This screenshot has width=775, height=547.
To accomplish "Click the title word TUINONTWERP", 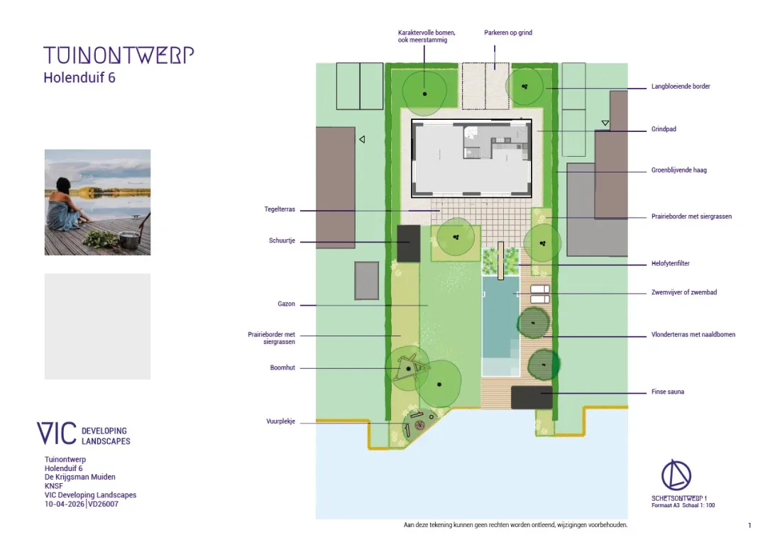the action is click(x=119, y=55).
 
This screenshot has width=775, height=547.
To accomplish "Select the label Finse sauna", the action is click(x=668, y=392).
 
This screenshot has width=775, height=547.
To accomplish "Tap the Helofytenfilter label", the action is click(x=670, y=263).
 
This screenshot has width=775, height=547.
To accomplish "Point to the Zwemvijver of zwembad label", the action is click(x=684, y=292).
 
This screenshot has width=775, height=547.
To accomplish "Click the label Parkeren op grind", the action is click(x=508, y=33).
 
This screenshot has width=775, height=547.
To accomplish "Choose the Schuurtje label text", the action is click(x=282, y=241).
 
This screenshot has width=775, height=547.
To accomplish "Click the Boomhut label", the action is click(x=282, y=368).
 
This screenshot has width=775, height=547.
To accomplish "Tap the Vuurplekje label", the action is click(x=281, y=421).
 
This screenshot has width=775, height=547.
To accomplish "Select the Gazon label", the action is click(x=286, y=304).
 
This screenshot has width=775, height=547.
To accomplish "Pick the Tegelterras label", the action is click(x=279, y=209).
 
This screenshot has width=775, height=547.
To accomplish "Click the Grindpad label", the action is click(x=664, y=129).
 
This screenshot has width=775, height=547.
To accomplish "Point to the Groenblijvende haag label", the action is click(x=678, y=170).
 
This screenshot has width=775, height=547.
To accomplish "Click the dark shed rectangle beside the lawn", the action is click(x=409, y=243).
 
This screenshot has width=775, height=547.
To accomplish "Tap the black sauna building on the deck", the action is click(x=532, y=397).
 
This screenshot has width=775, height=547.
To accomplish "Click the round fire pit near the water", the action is click(x=420, y=426).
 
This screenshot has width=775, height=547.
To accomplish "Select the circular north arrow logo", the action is click(x=676, y=475).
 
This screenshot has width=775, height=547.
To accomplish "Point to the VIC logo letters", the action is click(x=57, y=433).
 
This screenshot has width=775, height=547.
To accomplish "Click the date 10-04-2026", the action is click(x=65, y=504).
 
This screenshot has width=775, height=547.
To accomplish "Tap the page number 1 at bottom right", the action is click(x=749, y=525).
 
